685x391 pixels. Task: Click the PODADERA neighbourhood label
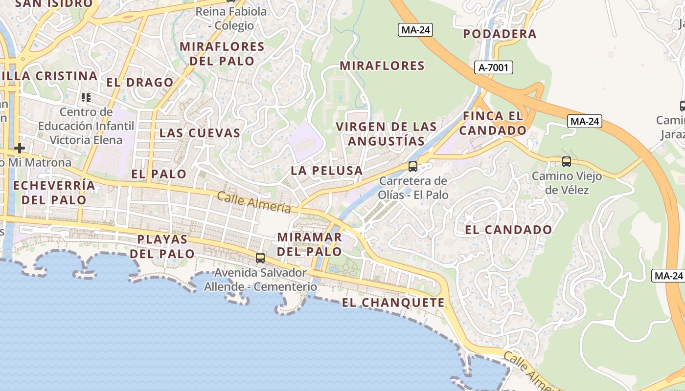(x=500, y=34)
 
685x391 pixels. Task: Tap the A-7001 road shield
(x=493, y=67)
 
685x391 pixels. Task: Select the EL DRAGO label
(x=140, y=82)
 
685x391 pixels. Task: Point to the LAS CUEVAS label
(x=200, y=132)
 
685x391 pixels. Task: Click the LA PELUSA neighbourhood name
(x=326, y=171)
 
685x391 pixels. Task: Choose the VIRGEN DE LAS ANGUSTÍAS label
(x=386, y=134)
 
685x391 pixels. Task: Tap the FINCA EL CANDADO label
(x=493, y=123)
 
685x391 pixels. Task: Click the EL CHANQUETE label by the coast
(x=393, y=303)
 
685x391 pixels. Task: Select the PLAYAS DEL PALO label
(x=162, y=246)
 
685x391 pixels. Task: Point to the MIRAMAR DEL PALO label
(x=309, y=244)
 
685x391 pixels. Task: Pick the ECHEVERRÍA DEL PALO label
(x=54, y=193)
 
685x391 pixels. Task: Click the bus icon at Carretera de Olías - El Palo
(x=413, y=167)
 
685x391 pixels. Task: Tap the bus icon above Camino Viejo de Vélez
(x=567, y=161)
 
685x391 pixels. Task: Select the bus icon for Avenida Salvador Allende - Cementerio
(x=260, y=258)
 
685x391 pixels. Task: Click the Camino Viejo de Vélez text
(x=567, y=183)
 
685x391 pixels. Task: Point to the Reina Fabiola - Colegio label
(x=231, y=19)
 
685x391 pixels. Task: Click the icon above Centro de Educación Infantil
(x=86, y=98)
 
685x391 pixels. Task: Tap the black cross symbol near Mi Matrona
(x=20, y=148)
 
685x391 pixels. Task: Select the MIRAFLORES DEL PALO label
(x=222, y=54)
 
